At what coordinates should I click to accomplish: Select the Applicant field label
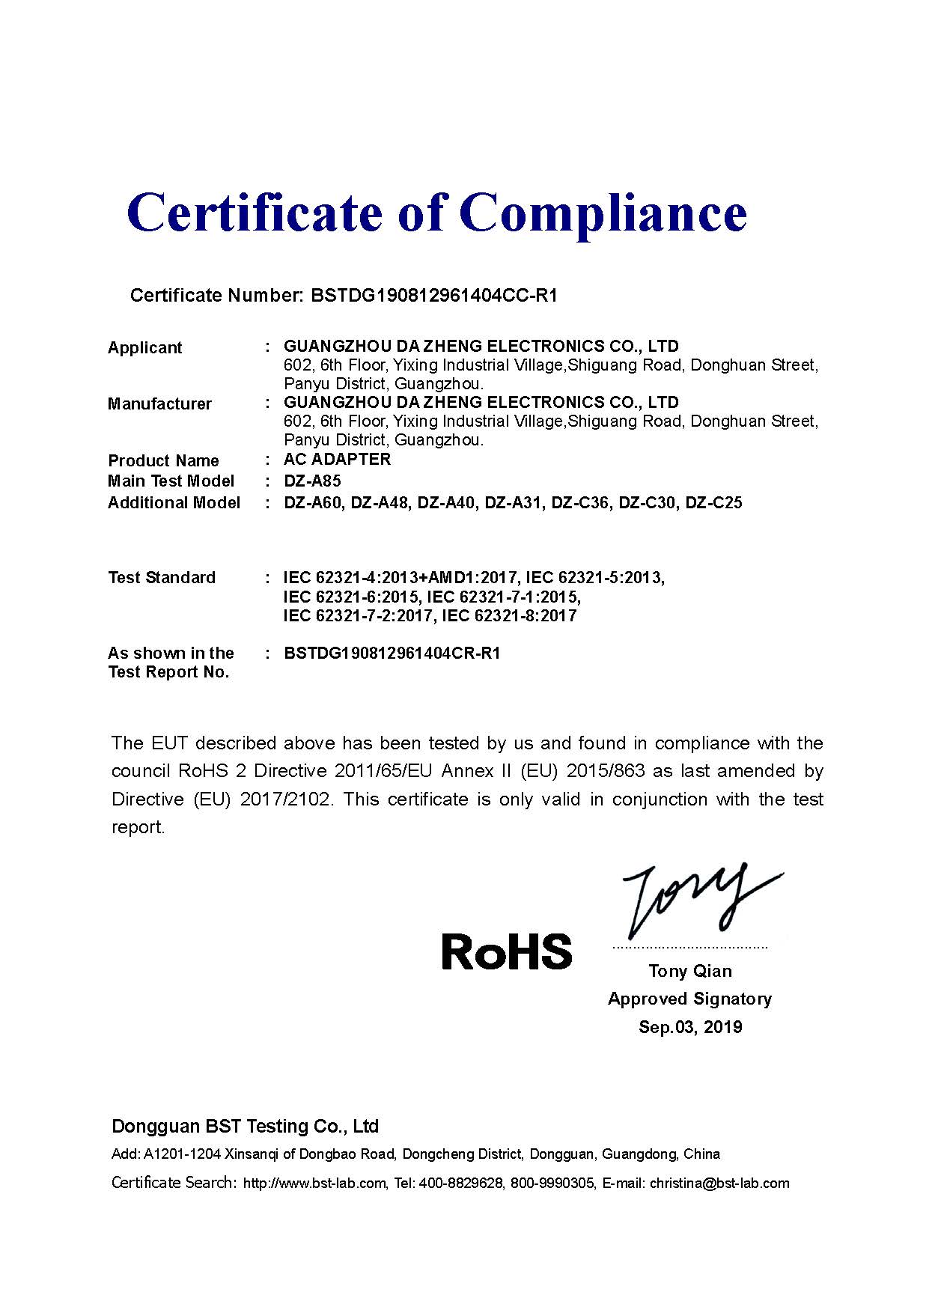[x=144, y=347]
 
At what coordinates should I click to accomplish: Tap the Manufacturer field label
[x=159, y=403]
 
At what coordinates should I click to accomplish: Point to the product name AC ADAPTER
[x=337, y=459]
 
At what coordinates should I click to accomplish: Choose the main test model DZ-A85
[x=312, y=481]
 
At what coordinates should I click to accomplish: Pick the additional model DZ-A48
[x=380, y=502]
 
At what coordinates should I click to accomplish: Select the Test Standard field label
[x=162, y=577]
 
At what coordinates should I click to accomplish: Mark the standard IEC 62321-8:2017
[x=509, y=615]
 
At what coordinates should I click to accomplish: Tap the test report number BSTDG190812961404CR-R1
[x=392, y=653]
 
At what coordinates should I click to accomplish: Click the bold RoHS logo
[x=507, y=951]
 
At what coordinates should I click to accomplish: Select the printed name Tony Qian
[x=690, y=971]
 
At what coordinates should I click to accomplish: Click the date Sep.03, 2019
[x=690, y=1026]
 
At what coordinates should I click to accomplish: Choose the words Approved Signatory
[x=689, y=999]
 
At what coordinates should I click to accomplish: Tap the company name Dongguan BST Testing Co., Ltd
[x=246, y=1126]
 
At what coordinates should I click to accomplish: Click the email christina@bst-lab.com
[x=719, y=1183]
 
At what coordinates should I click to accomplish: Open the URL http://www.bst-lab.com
[x=315, y=1183]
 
